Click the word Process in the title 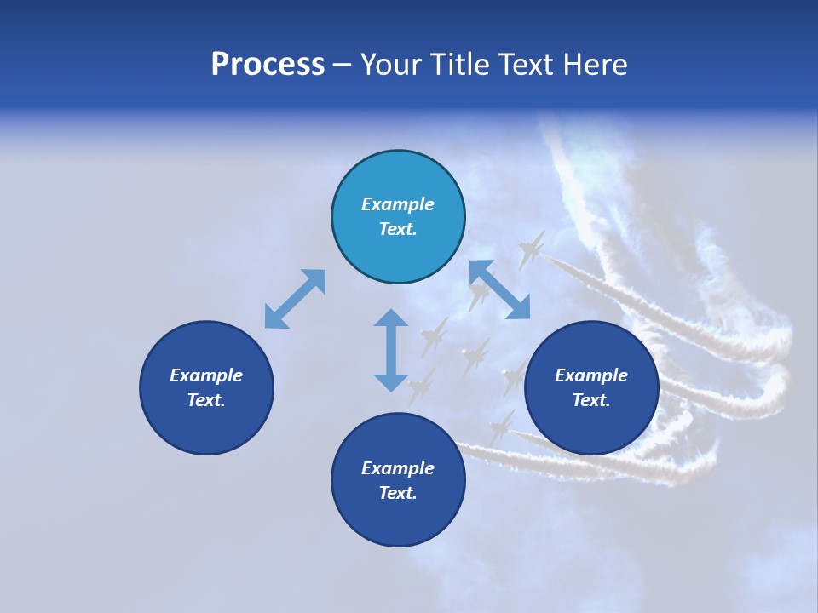[x=268, y=65]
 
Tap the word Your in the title [x=392, y=65]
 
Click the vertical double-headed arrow [x=391, y=350]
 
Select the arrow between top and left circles [x=295, y=299]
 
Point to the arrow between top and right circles [x=499, y=289]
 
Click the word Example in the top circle [x=398, y=204]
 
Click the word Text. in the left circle [x=206, y=400]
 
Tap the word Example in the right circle [x=591, y=375]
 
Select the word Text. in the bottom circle [x=398, y=493]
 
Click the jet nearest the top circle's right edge [x=531, y=249]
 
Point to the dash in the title [x=343, y=66]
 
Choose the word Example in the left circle [x=206, y=375]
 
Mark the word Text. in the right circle [x=591, y=400]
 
